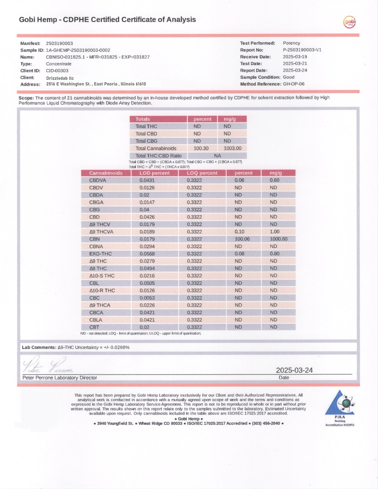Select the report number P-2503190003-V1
pos(302,50)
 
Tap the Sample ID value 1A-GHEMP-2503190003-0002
pos(78,50)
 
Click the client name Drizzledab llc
pos(60,78)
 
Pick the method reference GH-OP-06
pos(294,84)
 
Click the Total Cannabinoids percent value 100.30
pos(201,148)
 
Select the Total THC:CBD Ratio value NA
pos(217,156)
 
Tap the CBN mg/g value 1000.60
pos(278,239)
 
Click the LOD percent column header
pos(154,173)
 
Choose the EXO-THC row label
pos(100,254)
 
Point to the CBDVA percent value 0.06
pos(239,180)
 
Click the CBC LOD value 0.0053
pos(147,298)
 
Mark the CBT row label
pos(94,327)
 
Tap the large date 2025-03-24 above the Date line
pos(294,370)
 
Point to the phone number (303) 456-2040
pos(266,423)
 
